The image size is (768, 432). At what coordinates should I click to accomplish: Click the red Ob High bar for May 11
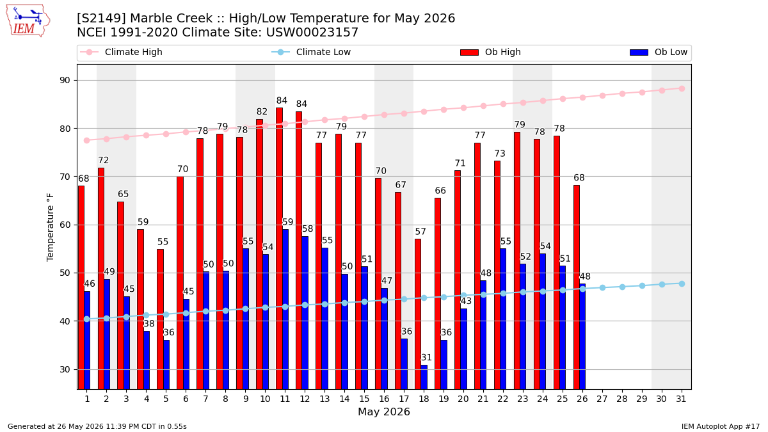click(x=280, y=248)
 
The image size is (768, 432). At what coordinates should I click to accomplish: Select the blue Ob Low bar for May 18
click(x=424, y=377)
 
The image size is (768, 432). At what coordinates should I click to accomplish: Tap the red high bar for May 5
click(x=161, y=319)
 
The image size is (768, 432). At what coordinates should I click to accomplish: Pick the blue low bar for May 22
click(x=503, y=319)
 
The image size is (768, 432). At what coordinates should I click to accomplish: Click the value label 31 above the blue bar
click(x=426, y=358)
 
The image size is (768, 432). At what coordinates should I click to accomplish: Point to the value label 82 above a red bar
click(x=262, y=112)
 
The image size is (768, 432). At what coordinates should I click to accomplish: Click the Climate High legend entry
click(x=121, y=52)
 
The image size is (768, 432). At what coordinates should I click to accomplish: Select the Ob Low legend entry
click(x=659, y=52)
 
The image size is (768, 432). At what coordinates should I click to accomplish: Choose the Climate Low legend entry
click(x=311, y=52)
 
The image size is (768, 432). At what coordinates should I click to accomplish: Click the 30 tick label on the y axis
click(x=65, y=370)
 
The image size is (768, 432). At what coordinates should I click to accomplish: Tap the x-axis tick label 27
click(x=602, y=399)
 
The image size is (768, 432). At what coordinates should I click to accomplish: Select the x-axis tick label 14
click(x=344, y=399)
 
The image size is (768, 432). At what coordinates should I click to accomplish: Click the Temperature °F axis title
click(x=50, y=227)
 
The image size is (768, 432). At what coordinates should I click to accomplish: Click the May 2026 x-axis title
click(x=384, y=412)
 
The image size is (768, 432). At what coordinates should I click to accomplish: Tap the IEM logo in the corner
click(x=28, y=21)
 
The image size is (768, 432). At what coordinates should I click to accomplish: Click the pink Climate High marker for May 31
click(x=682, y=89)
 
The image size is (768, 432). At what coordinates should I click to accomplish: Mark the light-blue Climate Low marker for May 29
click(x=642, y=286)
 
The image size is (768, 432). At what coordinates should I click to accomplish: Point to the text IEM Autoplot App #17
click(x=721, y=426)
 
